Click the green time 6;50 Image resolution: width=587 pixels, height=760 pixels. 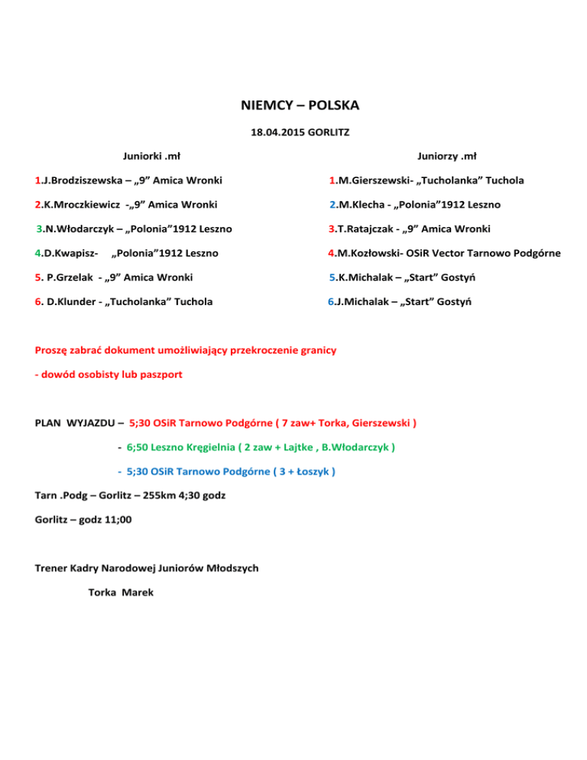click(141, 447)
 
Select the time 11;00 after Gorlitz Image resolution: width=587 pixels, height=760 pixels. click(115, 519)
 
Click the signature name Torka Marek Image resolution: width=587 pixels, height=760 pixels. click(121, 592)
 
